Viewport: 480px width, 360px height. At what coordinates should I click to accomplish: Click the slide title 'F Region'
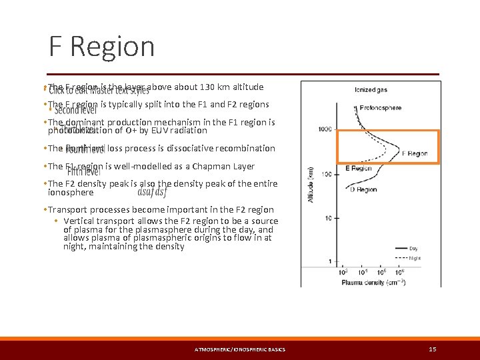101,47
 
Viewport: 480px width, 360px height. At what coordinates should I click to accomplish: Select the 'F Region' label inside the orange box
415,153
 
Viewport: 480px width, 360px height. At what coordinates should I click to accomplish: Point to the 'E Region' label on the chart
358,169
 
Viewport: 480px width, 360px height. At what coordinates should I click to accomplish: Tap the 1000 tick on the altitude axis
325,129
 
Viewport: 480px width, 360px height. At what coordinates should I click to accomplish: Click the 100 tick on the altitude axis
327,174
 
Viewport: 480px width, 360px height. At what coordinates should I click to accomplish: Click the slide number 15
433,349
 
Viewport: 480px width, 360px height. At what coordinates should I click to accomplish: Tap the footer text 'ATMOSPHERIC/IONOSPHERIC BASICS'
239,349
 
